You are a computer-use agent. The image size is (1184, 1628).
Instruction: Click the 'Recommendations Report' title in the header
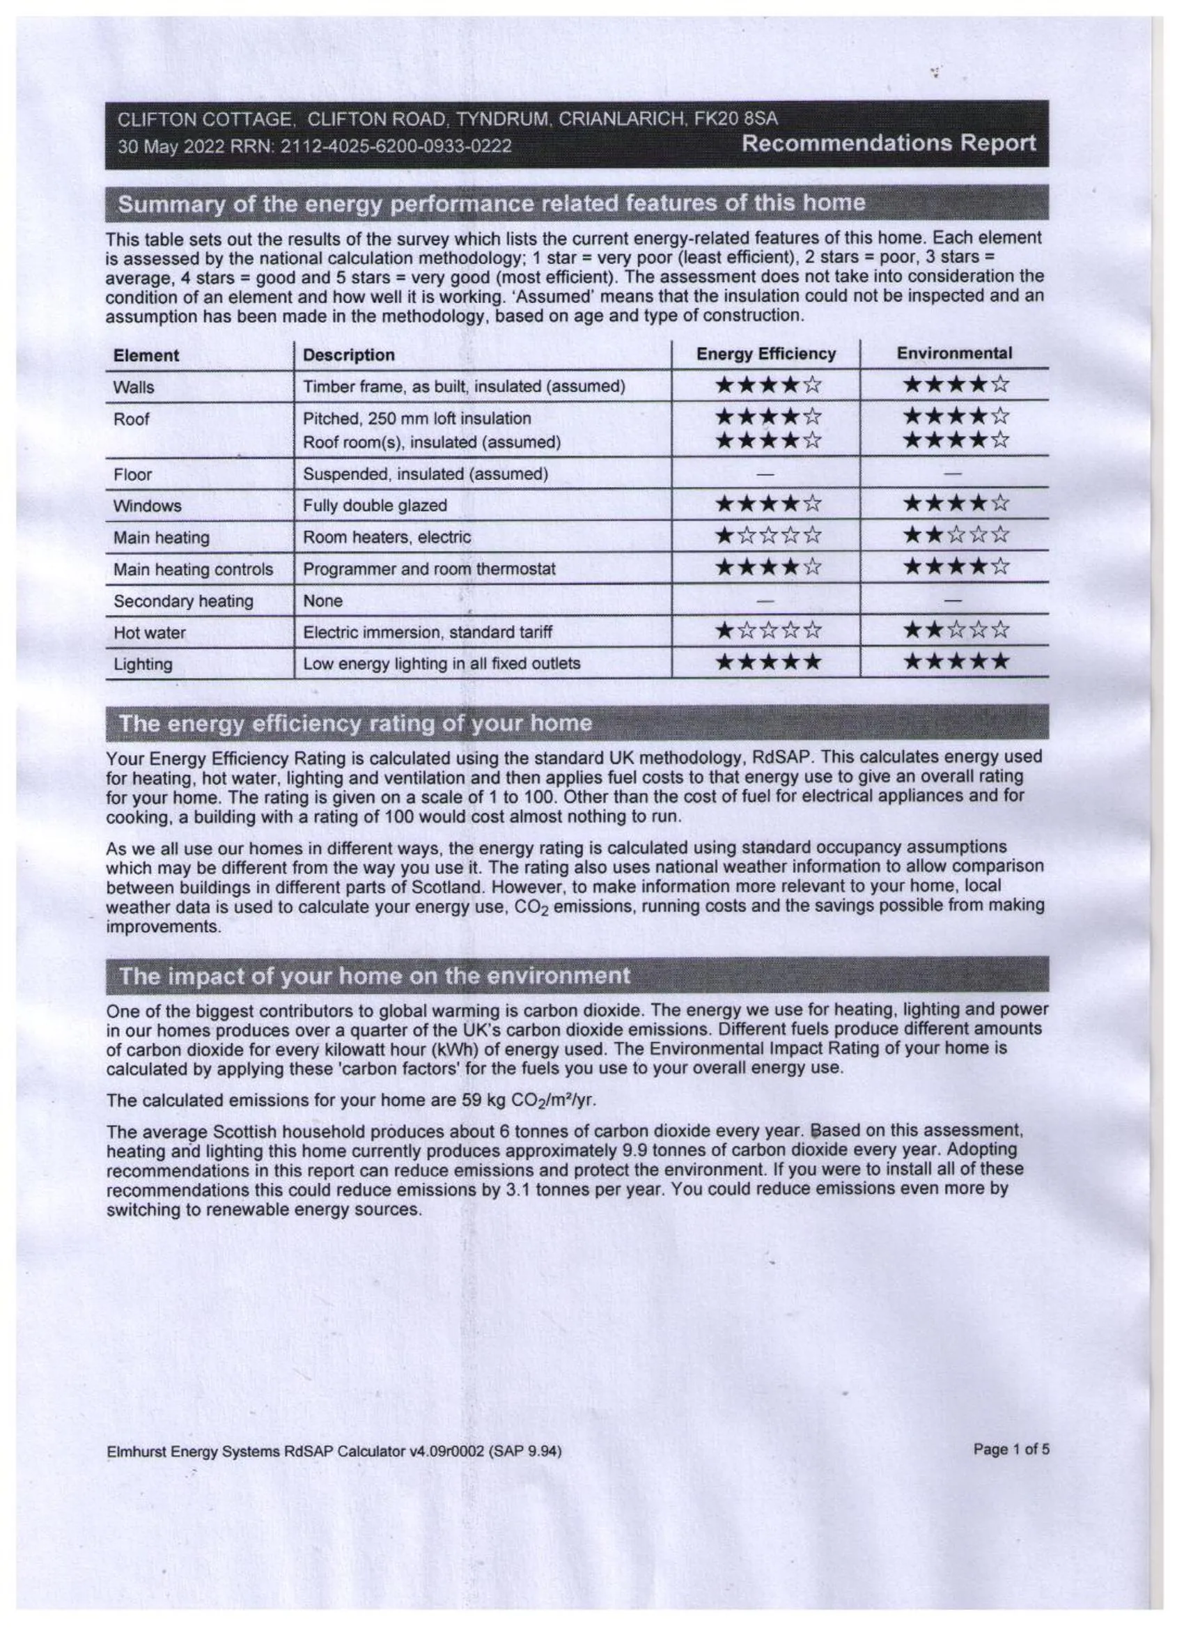(x=889, y=144)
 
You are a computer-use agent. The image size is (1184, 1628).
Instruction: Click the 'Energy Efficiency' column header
(x=765, y=354)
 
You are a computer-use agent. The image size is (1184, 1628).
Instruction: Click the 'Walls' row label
(x=134, y=387)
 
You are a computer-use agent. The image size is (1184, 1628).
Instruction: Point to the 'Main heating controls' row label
(x=193, y=569)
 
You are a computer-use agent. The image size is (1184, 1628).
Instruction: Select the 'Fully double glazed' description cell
(x=375, y=505)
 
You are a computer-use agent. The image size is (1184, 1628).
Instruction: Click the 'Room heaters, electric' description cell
(x=387, y=537)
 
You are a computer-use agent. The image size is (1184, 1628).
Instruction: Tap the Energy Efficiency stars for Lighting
(x=768, y=662)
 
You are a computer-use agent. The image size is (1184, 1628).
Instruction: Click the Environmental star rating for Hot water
(x=956, y=630)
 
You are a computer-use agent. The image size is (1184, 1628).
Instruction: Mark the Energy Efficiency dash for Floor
(x=766, y=474)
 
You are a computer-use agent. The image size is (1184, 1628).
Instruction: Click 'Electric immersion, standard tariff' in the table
(x=428, y=633)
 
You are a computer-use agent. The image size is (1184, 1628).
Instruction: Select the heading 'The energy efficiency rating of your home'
(x=355, y=724)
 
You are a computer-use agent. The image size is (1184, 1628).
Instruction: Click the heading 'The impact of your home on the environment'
(x=374, y=976)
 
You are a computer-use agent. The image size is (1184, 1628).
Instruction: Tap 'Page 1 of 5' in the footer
(x=1011, y=1449)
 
